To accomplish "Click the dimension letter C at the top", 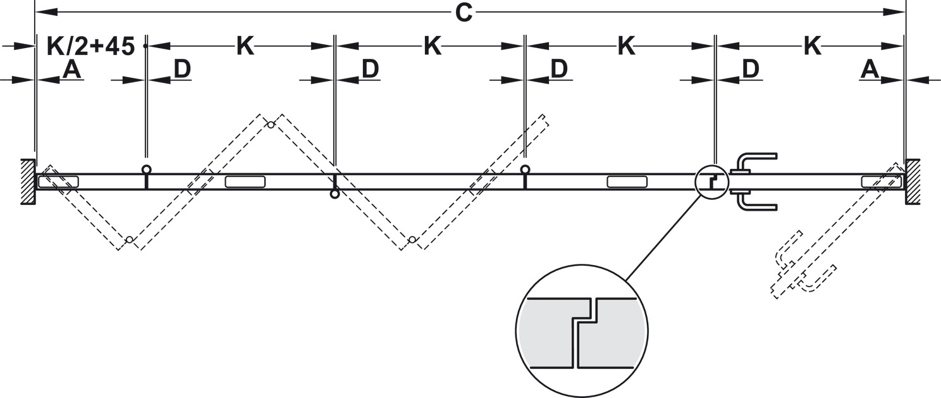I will tap(464, 13).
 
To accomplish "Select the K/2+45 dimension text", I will tap(91, 46).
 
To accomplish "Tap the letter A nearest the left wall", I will tap(72, 70).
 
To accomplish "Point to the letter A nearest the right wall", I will tap(870, 70).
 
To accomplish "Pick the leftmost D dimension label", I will tap(182, 70).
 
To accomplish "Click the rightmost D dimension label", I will tap(750, 70).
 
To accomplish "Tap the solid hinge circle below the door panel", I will tap(335, 194).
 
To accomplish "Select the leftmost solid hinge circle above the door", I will tap(147, 170).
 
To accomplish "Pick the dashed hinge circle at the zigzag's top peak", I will tap(271, 125).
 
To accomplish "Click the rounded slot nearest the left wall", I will tap(58, 182).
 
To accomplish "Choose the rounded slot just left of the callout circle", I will tap(627, 182).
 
